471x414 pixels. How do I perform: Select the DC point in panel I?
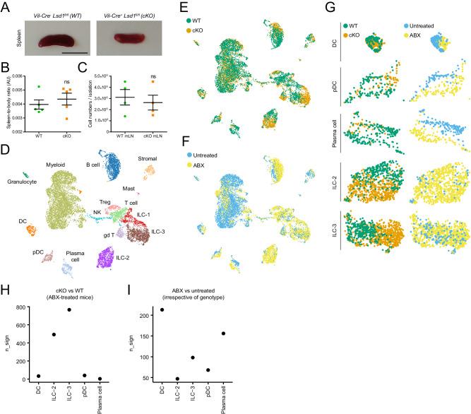point(162,309)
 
